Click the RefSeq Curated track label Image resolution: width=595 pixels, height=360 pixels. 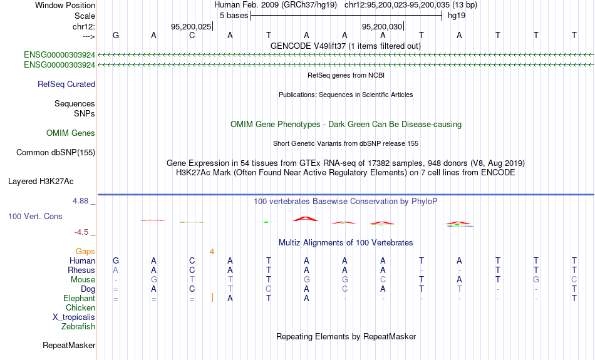click(66, 85)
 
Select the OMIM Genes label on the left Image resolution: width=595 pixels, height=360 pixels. click(71, 133)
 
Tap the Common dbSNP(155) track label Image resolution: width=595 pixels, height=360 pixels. click(56, 153)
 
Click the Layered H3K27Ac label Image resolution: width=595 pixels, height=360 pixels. click(41, 182)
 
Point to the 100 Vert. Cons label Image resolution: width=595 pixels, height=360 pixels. click(35, 216)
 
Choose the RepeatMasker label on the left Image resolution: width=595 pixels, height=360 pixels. click(69, 345)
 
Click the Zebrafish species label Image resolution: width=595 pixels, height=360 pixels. click(78, 327)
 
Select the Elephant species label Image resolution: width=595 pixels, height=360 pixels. click(79, 299)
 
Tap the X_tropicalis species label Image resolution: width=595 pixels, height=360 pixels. click(74, 317)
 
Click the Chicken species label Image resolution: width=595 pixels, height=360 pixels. click(80, 307)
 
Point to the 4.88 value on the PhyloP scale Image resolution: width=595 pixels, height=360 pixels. click(80, 201)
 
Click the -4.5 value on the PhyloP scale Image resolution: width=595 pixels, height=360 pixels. click(81, 232)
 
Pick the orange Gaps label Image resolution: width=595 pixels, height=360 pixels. click(85, 252)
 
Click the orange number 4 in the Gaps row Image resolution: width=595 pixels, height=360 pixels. click(212, 252)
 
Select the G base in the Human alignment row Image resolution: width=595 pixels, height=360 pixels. click(116, 260)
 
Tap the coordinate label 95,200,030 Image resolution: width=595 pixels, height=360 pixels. click(382, 26)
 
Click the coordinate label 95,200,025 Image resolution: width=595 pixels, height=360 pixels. click(191, 26)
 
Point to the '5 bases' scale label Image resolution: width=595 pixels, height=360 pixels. click(234, 16)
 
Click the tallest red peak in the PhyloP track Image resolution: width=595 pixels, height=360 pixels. click(306, 219)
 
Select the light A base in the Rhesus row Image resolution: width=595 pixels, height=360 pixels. click(116, 270)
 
